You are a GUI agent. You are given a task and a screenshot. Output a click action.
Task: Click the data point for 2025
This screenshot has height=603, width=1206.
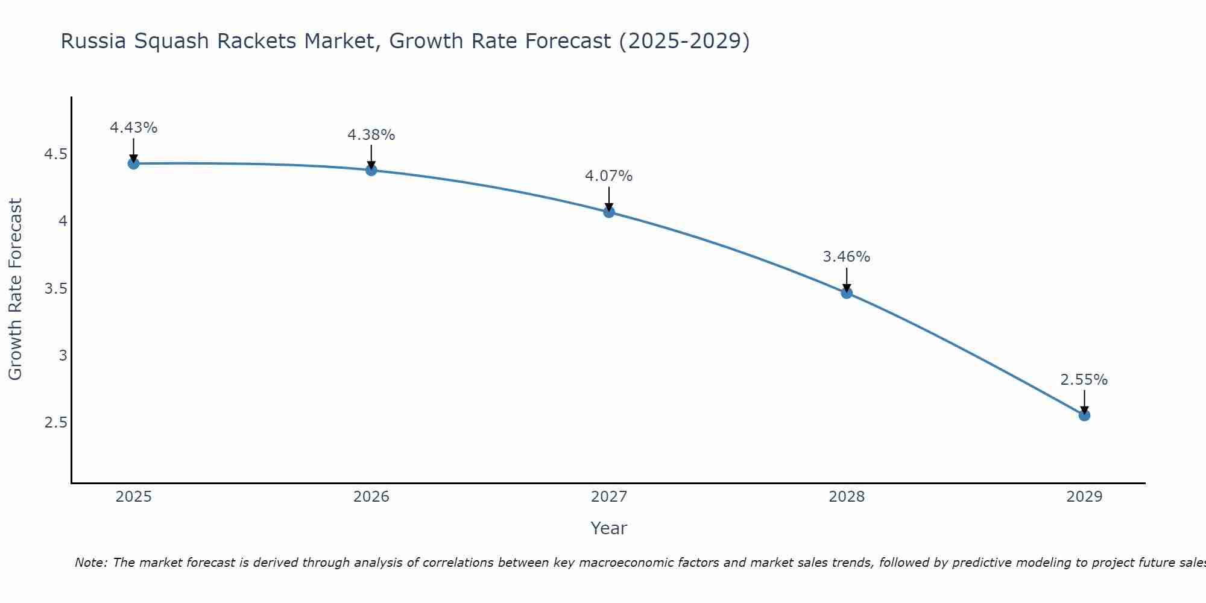tap(133, 163)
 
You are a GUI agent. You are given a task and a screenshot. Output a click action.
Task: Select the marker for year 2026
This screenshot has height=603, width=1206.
tap(371, 170)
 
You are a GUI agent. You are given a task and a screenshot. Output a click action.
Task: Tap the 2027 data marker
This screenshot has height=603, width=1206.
tap(609, 212)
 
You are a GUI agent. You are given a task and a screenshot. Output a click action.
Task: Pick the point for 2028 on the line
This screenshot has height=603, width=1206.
tap(847, 293)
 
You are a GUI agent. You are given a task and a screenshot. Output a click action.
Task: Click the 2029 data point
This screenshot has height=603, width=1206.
tap(1084, 415)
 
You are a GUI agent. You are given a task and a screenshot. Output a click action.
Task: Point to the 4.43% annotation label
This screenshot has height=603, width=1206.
tap(133, 128)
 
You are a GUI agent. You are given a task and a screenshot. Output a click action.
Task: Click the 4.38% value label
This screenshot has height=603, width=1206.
tap(371, 135)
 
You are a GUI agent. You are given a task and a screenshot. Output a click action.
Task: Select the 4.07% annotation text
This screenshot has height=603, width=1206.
tap(609, 176)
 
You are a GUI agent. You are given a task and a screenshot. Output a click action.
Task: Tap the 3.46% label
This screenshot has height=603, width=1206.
tap(847, 257)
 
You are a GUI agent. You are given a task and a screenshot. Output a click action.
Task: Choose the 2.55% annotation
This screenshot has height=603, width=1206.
tap(1084, 380)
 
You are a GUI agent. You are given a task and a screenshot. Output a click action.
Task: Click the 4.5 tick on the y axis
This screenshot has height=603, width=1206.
tap(55, 155)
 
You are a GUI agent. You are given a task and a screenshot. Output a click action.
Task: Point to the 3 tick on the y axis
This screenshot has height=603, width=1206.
tap(63, 355)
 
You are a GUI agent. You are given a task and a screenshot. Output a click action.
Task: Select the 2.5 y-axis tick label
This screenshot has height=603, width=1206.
tap(55, 422)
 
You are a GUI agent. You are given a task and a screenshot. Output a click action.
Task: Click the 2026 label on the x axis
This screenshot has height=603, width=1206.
tap(371, 497)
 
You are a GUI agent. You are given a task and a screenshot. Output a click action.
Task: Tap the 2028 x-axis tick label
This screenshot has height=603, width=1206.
tap(847, 497)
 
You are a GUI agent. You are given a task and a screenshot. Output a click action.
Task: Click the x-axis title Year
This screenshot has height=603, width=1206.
tap(609, 528)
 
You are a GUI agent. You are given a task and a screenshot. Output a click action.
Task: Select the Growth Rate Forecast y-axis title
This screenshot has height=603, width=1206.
tap(15, 289)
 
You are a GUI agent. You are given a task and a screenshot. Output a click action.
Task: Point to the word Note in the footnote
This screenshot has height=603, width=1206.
tap(90, 563)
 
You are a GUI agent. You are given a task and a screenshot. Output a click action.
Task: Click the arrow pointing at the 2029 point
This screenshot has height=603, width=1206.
tap(1084, 402)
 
